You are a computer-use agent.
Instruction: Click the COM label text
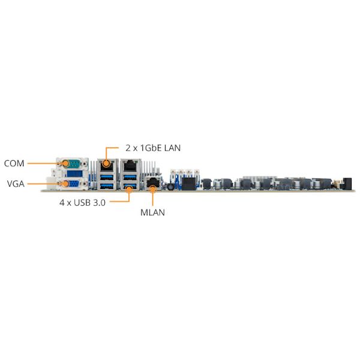(14, 163)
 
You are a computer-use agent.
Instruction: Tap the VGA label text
(16, 184)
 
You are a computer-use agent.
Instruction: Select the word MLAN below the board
(152, 212)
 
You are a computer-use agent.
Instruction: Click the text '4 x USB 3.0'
(82, 203)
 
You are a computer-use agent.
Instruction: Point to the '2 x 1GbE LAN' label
(153, 148)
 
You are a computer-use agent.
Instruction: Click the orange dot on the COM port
(65, 163)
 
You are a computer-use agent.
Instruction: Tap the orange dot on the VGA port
(65, 184)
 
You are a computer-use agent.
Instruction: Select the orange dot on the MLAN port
(152, 189)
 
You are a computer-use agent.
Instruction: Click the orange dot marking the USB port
(129, 189)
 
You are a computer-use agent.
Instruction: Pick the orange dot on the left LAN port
(106, 163)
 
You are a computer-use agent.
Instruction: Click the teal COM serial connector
(73, 164)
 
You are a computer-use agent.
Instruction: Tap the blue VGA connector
(73, 184)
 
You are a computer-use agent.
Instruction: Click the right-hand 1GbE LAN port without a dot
(130, 166)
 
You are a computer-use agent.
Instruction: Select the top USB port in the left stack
(107, 177)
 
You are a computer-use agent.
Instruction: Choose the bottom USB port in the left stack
(107, 185)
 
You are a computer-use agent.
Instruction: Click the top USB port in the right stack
(130, 177)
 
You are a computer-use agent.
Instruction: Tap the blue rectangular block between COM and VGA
(74, 173)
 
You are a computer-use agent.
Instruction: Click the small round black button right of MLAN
(170, 187)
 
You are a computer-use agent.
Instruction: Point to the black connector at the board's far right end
(347, 184)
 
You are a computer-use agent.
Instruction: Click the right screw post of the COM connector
(85, 164)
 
